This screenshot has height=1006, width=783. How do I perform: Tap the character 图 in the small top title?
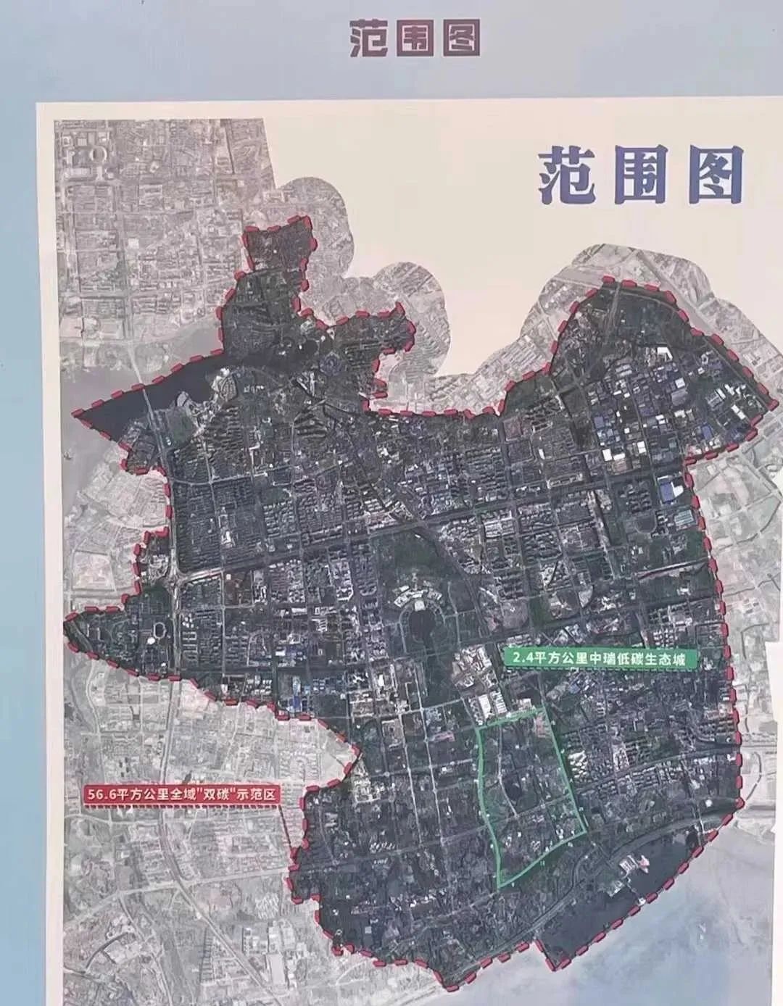tap(460, 37)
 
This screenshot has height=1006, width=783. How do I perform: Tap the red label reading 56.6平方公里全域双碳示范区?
tap(181, 794)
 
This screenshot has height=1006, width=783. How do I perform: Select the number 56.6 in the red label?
tap(102, 794)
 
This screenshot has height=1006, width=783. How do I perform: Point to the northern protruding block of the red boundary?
tap(279, 250)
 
